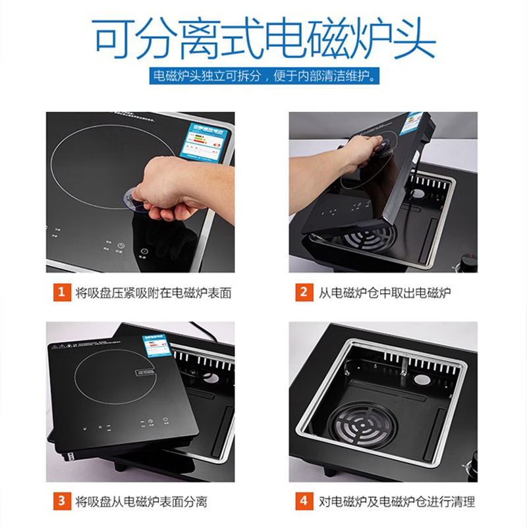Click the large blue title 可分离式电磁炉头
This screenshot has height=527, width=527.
tap(263, 38)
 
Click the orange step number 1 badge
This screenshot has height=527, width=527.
tap(61, 292)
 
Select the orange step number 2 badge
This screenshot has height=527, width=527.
tap(304, 292)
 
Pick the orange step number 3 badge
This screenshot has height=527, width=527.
tap(61, 501)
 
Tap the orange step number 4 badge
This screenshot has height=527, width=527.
tap(304, 501)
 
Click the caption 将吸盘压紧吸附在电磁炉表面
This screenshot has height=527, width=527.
tap(153, 292)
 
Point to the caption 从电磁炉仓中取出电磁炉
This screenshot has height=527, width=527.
tap(385, 292)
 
